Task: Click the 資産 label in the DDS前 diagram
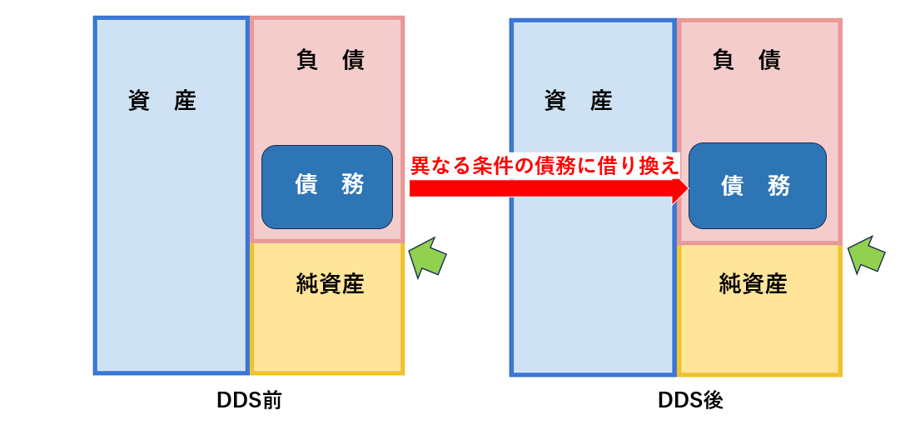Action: coord(162,102)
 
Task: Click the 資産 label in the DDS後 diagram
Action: coord(579,102)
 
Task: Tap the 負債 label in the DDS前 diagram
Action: coord(331,61)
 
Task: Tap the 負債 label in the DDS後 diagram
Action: coord(747,61)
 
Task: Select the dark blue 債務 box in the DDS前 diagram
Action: coord(327,187)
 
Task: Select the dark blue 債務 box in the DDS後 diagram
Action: coord(758,186)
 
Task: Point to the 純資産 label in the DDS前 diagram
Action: coord(331,284)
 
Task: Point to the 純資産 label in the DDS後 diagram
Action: coord(753,284)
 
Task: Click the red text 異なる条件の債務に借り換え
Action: coord(545,167)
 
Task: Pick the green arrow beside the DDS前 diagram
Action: coord(427,257)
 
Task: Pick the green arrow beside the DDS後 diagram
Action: coord(865,255)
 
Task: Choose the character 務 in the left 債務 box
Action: coord(352,186)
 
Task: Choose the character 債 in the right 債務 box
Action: coord(733,187)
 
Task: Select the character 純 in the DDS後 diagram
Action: coord(730,284)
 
